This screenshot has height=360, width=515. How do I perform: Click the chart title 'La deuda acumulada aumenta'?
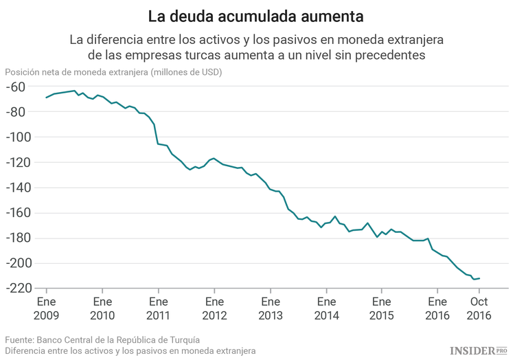257,14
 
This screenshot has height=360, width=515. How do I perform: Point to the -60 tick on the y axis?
14,87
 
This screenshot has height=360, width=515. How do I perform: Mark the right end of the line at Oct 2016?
479,278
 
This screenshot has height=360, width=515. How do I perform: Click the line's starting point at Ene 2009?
46,98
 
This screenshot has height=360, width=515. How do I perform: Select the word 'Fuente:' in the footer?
19,339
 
